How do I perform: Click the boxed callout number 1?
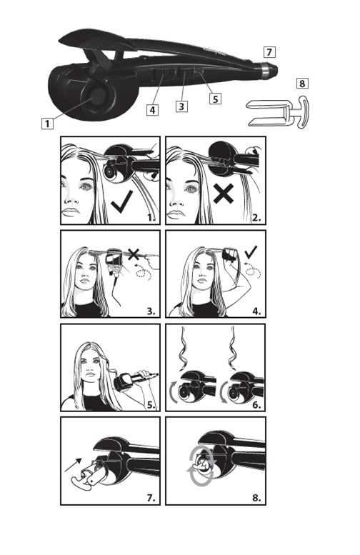pyautogui.click(x=47, y=124)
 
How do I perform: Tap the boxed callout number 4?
pyautogui.click(x=152, y=110)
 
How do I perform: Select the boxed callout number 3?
pyautogui.click(x=181, y=106)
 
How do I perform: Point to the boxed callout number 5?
pyautogui.click(x=215, y=98)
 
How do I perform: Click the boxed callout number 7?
pyautogui.click(x=269, y=52)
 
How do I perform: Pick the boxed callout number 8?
pyautogui.click(x=302, y=83)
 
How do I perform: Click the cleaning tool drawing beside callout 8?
pyautogui.click(x=278, y=112)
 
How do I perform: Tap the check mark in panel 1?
pyautogui.click(x=121, y=201)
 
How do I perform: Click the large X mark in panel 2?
pyautogui.click(x=224, y=194)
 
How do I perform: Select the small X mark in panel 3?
pyautogui.click(x=134, y=254)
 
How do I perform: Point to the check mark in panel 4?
pyautogui.click(x=251, y=252)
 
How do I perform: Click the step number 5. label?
pyautogui.click(x=151, y=405)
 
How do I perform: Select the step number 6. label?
pyautogui.click(x=256, y=405)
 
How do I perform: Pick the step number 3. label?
pyautogui.click(x=151, y=311)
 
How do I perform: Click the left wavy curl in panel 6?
pyautogui.click(x=184, y=349)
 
